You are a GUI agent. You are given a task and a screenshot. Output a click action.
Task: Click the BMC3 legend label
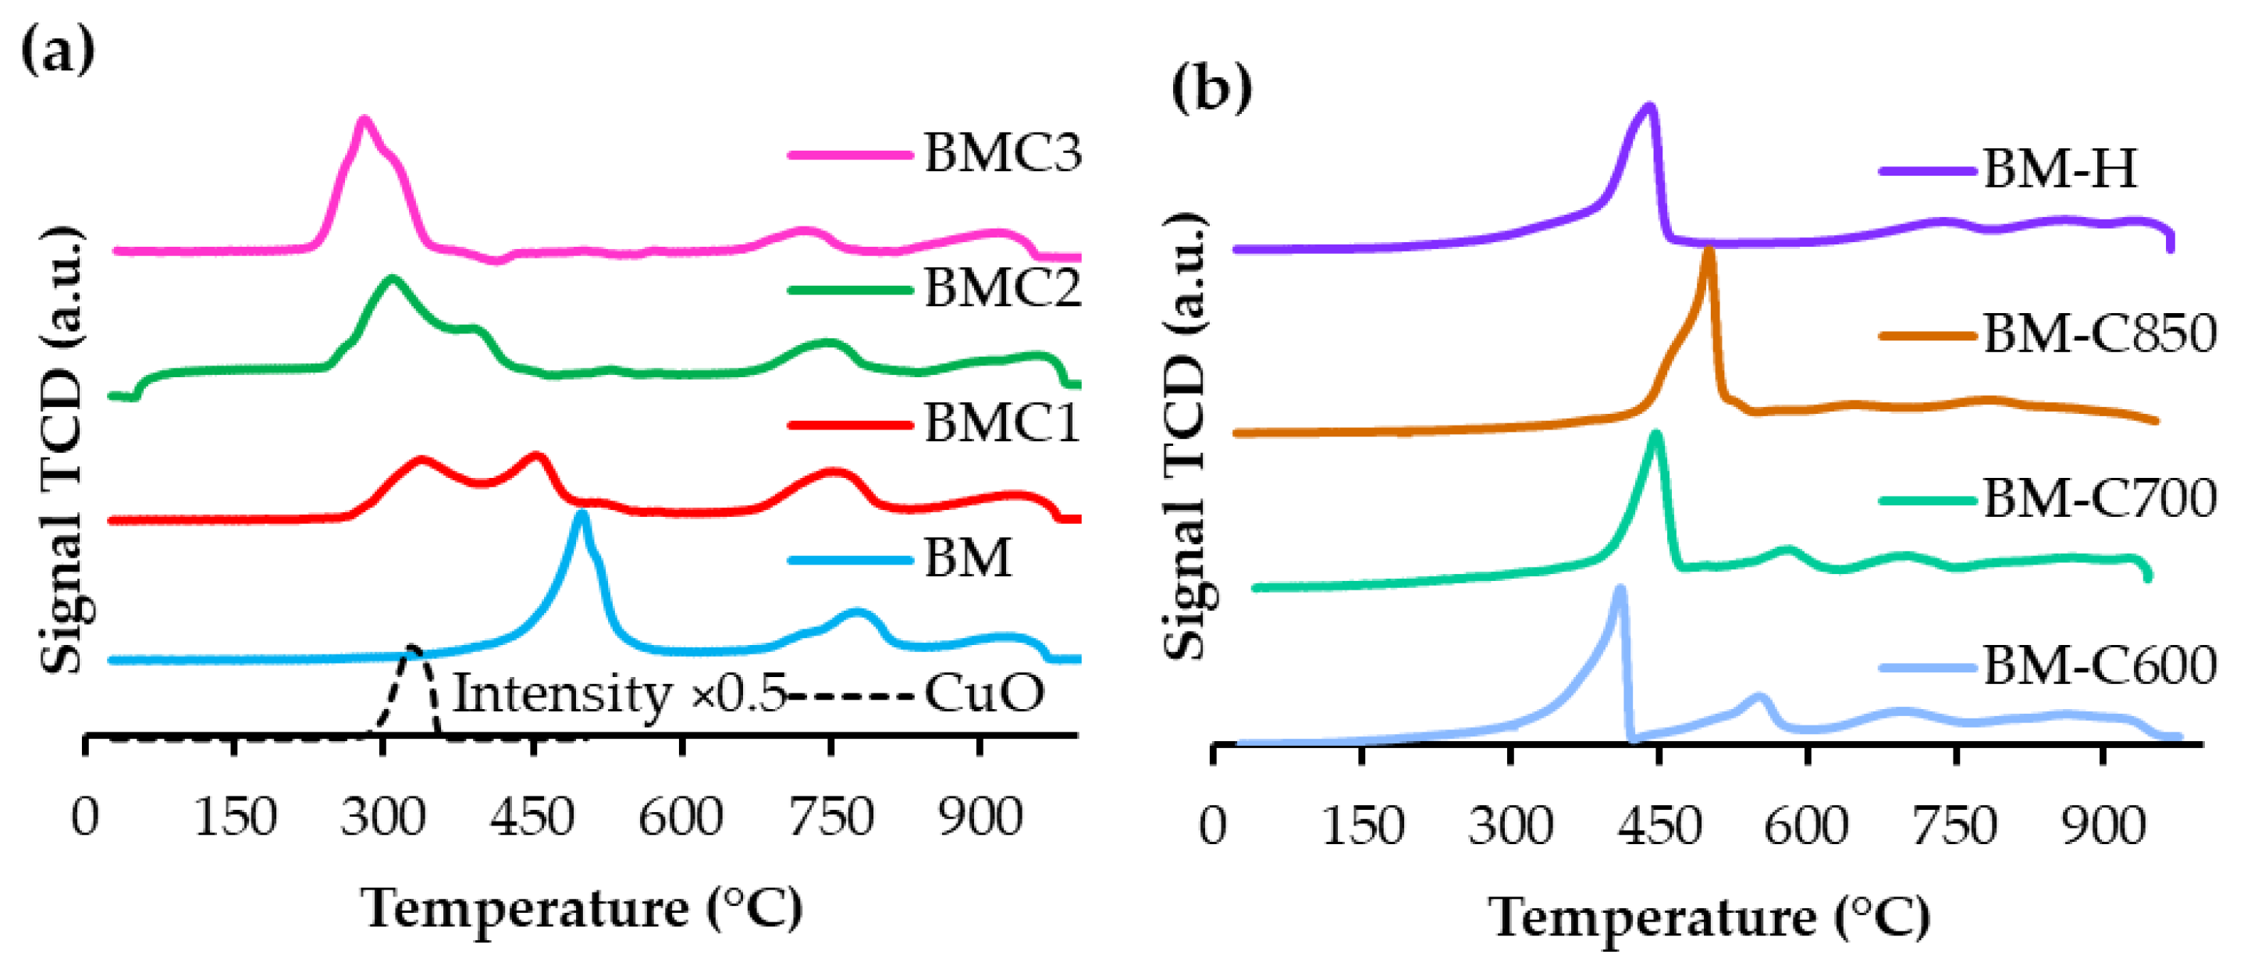(x=1002, y=154)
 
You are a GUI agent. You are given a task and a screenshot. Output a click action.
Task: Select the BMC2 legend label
(x=1002, y=288)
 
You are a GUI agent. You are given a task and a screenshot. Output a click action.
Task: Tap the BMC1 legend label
(x=1002, y=424)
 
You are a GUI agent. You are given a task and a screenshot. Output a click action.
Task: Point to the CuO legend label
(x=983, y=694)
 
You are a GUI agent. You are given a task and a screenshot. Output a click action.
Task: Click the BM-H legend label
(x=2059, y=169)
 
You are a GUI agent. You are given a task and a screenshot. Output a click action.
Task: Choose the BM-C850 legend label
(x=2099, y=334)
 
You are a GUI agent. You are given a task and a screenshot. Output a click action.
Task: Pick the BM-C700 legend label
(x=2099, y=499)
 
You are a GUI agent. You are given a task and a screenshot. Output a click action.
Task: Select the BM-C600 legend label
(x=2099, y=666)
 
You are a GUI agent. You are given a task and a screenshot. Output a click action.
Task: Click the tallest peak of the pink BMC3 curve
(x=364, y=119)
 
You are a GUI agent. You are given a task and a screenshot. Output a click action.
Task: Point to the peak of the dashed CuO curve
(x=412, y=650)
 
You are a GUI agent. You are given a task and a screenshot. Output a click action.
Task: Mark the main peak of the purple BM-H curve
(x=1649, y=108)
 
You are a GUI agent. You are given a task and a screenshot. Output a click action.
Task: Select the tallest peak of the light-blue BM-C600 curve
(x=1621, y=590)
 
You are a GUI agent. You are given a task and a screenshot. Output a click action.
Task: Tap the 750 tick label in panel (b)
(x=1954, y=827)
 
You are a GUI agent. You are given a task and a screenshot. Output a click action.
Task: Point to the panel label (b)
(x=1211, y=89)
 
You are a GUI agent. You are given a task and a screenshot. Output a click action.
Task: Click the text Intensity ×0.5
(x=619, y=694)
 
